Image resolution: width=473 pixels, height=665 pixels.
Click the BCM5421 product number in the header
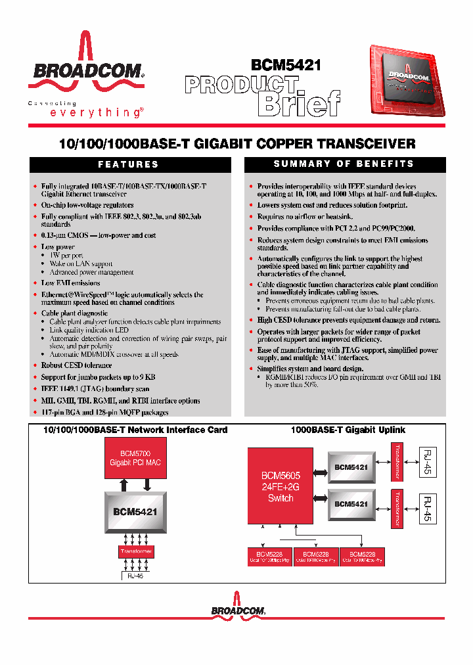point(286,65)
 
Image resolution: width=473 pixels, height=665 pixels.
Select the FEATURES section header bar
point(128,164)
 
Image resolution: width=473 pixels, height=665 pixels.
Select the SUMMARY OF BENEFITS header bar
point(344,164)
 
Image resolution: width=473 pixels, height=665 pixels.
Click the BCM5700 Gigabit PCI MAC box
point(135,458)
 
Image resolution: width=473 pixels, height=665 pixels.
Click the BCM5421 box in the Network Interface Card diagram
point(135,511)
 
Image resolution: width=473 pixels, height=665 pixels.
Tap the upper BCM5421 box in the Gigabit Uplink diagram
point(350,467)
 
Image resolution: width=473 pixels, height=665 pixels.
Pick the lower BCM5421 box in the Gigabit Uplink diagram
point(350,504)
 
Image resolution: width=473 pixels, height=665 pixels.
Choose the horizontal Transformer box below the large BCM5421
point(136,551)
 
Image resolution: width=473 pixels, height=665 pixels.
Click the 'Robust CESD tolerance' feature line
point(76,365)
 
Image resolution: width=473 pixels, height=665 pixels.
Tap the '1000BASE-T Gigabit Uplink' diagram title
point(348,430)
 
